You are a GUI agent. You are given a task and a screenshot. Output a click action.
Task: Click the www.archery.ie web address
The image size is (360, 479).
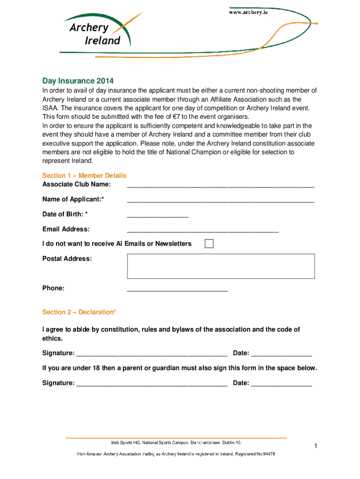[x=248, y=13]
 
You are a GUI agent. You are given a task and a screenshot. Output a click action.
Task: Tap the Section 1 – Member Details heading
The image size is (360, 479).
[x=84, y=175]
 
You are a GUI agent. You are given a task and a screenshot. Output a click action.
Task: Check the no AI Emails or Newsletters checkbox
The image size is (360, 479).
[x=209, y=244]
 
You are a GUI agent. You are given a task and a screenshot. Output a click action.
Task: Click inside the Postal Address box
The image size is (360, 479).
[x=221, y=266]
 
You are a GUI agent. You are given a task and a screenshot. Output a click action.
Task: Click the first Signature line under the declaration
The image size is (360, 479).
[x=151, y=354]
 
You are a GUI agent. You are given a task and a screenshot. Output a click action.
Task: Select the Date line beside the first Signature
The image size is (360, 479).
[x=281, y=354]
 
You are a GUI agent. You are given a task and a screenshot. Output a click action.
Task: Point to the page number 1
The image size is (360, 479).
[x=316, y=447]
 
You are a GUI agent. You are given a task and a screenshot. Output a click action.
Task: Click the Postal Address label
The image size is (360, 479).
[x=67, y=259]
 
